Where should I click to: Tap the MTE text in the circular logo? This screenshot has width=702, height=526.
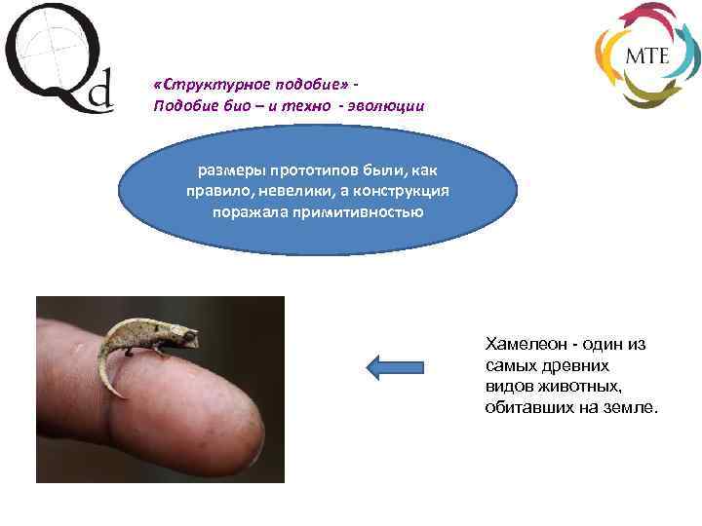646,56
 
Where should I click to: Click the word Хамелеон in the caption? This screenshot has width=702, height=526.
525,344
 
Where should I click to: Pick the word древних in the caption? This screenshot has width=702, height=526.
574,365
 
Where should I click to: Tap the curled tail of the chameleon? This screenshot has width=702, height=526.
108,375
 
